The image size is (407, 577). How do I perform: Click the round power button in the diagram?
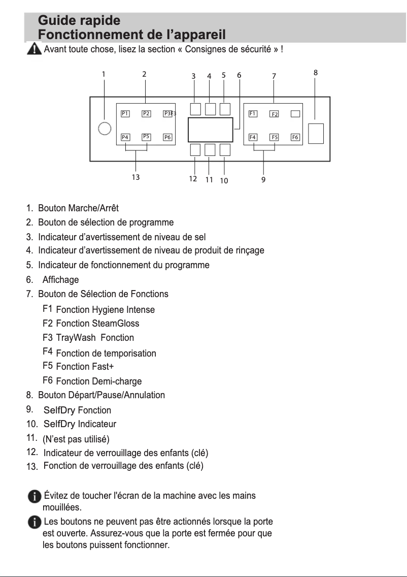[105, 129]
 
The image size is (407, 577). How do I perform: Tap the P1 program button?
[125, 113]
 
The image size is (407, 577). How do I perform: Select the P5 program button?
[146, 137]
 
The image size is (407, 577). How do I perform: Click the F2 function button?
[274, 114]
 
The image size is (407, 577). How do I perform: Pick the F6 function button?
[295, 137]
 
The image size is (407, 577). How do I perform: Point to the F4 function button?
[253, 137]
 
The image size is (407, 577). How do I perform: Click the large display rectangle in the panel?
[210, 130]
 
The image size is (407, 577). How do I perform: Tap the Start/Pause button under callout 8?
[316, 133]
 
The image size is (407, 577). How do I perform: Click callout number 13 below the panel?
[135, 178]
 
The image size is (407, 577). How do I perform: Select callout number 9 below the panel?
[263, 179]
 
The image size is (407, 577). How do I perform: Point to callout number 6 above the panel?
[239, 75]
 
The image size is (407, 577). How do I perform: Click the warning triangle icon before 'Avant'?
[35, 50]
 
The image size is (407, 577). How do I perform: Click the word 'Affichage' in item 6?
[60, 280]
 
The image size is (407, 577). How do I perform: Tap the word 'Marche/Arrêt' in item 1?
[96, 208]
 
